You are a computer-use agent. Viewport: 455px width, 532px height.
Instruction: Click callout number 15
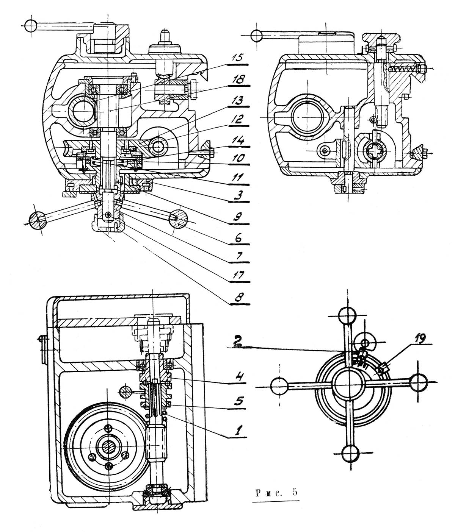[237, 58]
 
